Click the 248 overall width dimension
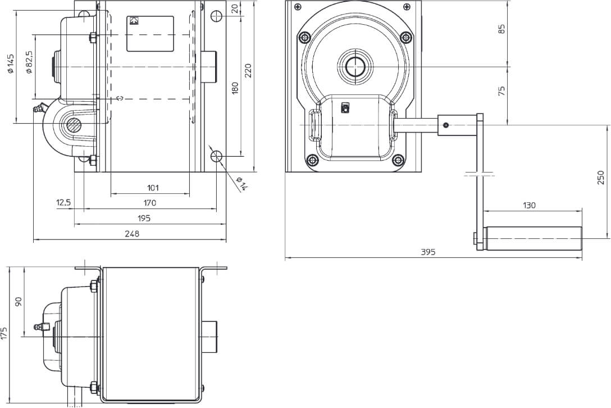(132, 234)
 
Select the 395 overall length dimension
(428, 252)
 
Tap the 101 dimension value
(153, 188)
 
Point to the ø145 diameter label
(11, 64)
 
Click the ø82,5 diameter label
(29, 62)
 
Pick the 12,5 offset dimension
(63, 202)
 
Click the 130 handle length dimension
(529, 206)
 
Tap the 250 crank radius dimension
(600, 178)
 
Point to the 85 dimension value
(502, 29)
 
